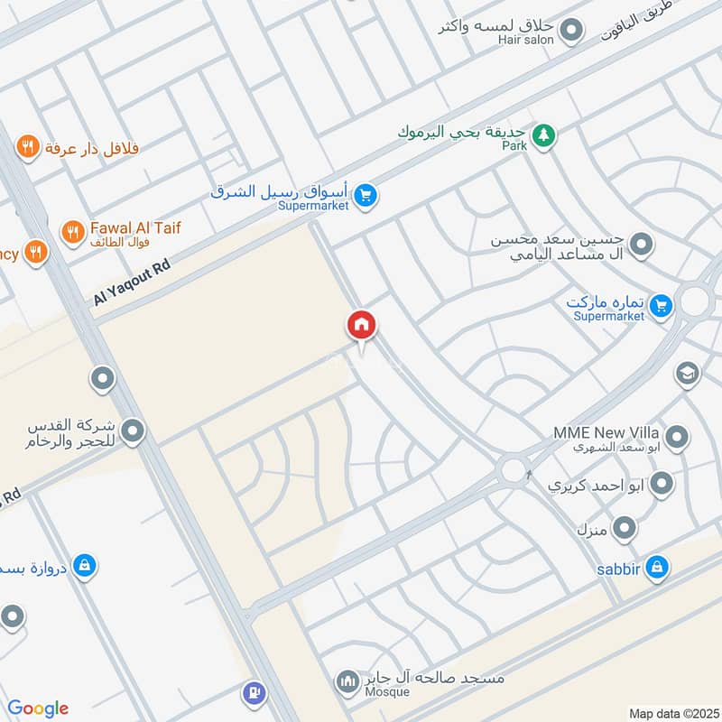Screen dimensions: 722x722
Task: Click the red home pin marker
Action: click(x=361, y=326)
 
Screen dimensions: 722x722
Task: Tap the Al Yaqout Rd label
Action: click(x=132, y=282)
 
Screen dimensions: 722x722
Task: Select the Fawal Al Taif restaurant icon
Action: click(x=72, y=232)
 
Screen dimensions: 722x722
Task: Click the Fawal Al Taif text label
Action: click(x=135, y=228)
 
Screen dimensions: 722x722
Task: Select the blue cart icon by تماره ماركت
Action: click(x=661, y=307)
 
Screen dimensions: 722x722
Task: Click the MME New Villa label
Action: click(x=607, y=432)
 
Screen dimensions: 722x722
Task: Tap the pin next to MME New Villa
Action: click(x=677, y=440)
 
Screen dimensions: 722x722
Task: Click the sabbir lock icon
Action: click(x=657, y=568)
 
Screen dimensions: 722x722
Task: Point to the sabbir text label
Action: click(x=617, y=568)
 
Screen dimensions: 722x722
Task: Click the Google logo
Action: click(x=38, y=708)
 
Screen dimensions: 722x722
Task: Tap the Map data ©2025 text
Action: click(x=672, y=713)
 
